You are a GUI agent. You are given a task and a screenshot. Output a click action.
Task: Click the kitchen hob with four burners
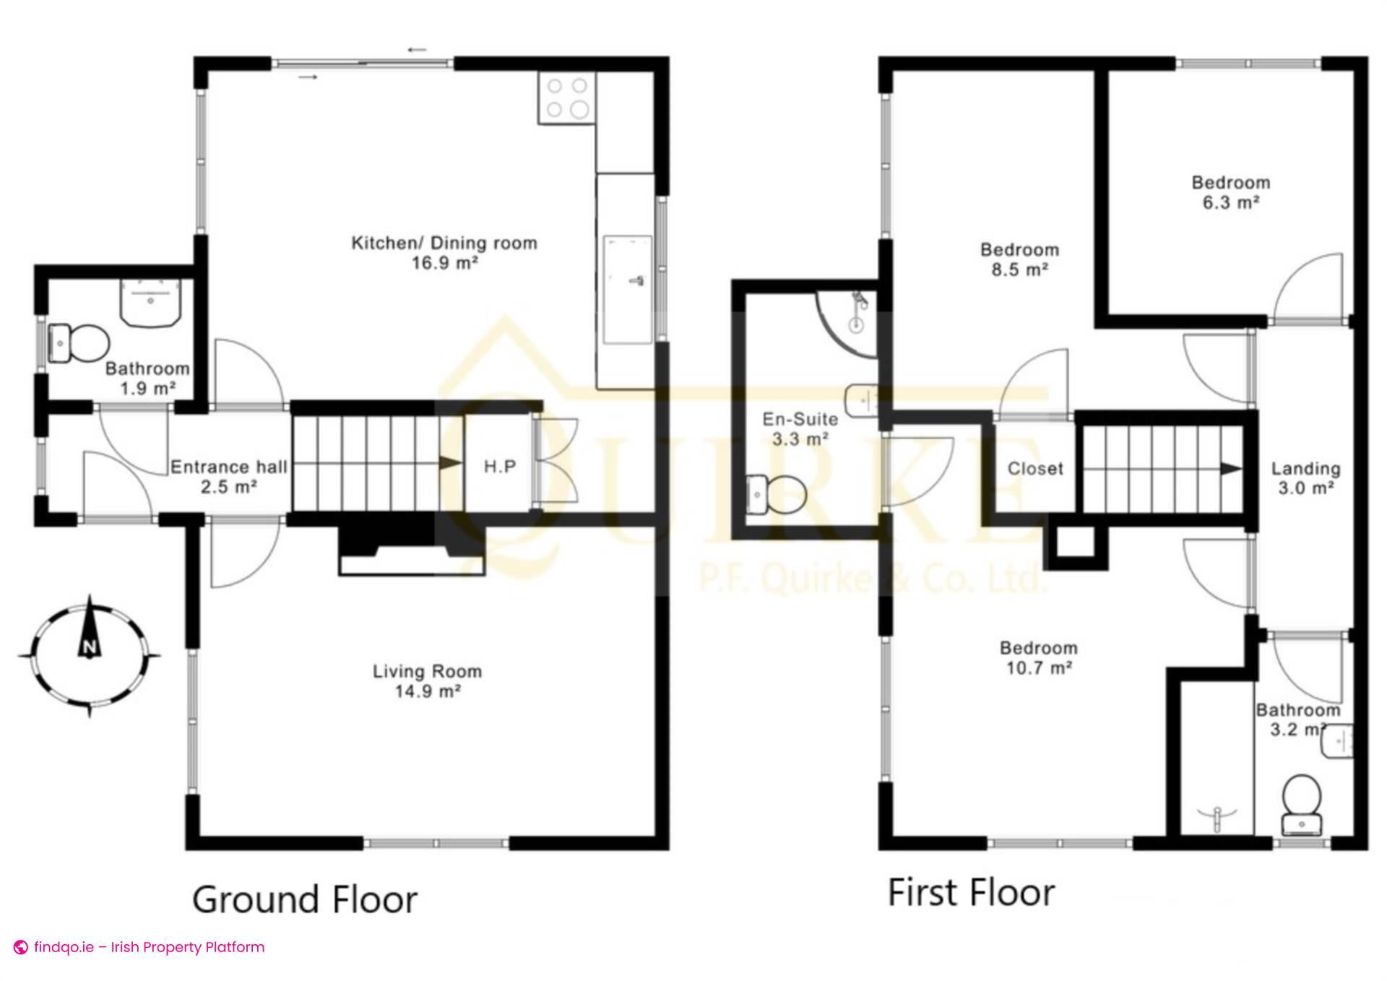point(567,98)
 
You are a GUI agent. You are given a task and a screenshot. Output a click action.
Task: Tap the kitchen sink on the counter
point(628,288)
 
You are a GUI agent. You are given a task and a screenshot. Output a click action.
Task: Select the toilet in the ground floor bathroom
point(78,342)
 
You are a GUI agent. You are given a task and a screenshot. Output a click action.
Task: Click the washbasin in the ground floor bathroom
point(150,302)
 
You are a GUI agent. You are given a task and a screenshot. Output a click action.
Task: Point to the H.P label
point(500,467)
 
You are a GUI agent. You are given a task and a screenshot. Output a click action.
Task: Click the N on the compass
point(90,647)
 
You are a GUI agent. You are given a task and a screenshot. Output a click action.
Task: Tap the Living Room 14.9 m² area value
point(428,691)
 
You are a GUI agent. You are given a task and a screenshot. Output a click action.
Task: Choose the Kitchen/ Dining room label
point(444,243)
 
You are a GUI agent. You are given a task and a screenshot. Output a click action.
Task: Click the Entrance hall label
point(228,467)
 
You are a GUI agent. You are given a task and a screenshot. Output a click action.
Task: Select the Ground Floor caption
point(305,900)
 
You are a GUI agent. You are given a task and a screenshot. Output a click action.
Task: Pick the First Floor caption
point(971,893)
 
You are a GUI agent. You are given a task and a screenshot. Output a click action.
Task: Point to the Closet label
point(1035,469)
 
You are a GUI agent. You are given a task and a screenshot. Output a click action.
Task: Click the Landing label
point(1305,469)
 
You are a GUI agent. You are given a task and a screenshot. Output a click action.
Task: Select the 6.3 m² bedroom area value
point(1231,202)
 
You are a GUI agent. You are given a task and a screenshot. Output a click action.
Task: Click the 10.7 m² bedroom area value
point(1039,667)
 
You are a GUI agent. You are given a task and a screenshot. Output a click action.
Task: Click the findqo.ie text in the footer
point(64,947)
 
